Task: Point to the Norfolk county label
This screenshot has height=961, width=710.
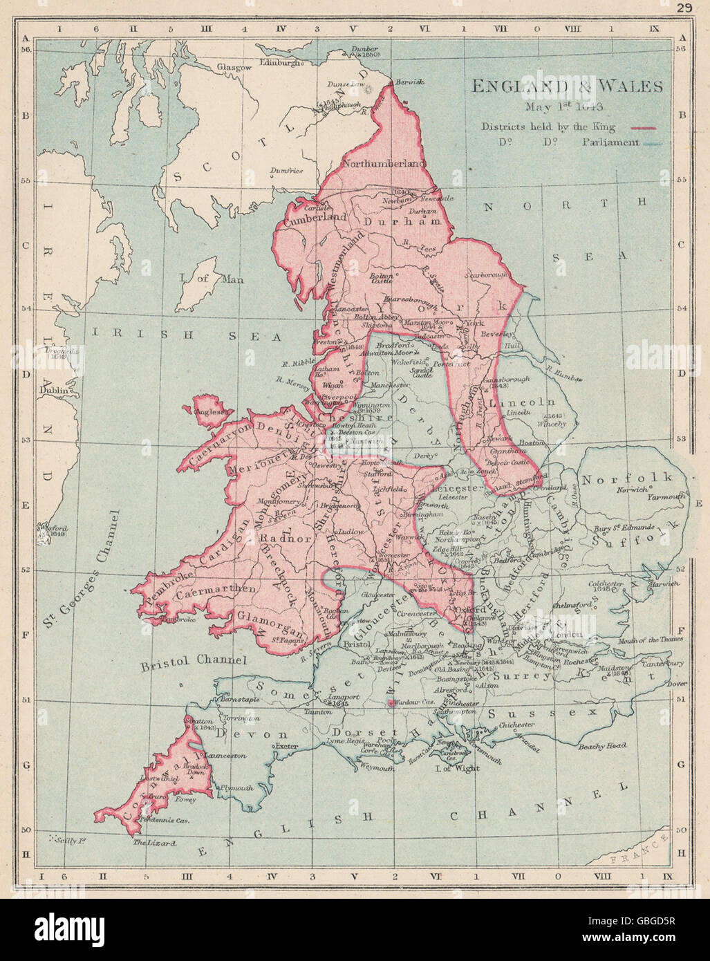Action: click(x=626, y=478)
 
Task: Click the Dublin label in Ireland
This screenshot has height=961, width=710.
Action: click(x=56, y=390)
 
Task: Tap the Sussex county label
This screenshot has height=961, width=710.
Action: click(x=541, y=711)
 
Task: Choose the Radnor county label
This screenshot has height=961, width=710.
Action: click(x=276, y=537)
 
